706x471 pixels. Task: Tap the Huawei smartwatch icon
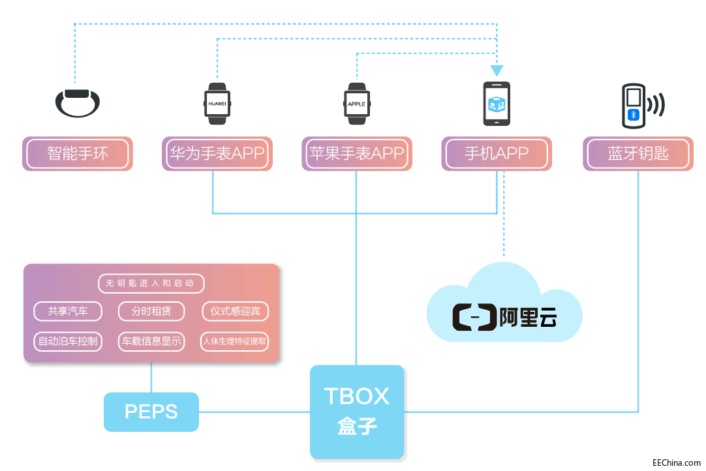pyautogui.click(x=217, y=104)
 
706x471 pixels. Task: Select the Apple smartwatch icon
pyautogui.click(x=356, y=104)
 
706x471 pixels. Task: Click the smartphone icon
pyautogui.click(x=497, y=104)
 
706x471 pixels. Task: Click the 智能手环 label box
pyautogui.click(x=78, y=154)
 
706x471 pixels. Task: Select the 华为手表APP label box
pyautogui.click(x=217, y=154)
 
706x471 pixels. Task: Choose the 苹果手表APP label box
pyautogui.click(x=357, y=154)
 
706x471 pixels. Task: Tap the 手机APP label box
pyautogui.click(x=497, y=154)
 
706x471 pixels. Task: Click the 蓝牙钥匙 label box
pyautogui.click(x=638, y=154)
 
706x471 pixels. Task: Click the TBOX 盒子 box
pyautogui.click(x=357, y=412)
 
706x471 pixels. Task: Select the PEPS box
pyautogui.click(x=151, y=412)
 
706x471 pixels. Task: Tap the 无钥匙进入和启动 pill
pyautogui.click(x=151, y=284)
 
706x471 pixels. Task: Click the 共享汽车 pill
pyautogui.click(x=69, y=311)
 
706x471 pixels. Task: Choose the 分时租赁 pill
pyautogui.click(x=151, y=311)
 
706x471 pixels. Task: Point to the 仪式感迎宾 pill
pyautogui.click(x=235, y=311)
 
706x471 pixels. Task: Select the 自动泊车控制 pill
pyautogui.click(x=69, y=341)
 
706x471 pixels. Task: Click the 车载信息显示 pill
pyautogui.click(x=151, y=341)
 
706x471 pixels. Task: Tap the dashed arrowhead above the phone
pyautogui.click(x=497, y=70)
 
